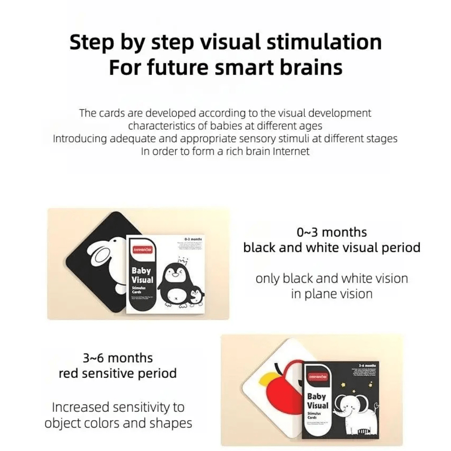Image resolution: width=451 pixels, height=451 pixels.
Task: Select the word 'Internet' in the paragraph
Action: [291, 151]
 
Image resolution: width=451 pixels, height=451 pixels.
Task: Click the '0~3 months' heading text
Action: [332, 232]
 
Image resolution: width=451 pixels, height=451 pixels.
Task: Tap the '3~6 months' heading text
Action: [118, 358]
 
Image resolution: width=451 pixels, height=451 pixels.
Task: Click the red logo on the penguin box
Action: [142, 249]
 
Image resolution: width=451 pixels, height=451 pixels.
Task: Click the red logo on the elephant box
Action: [317, 376]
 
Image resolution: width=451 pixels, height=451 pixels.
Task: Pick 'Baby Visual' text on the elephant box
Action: [318, 401]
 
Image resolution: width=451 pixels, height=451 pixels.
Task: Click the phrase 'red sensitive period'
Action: [118, 373]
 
